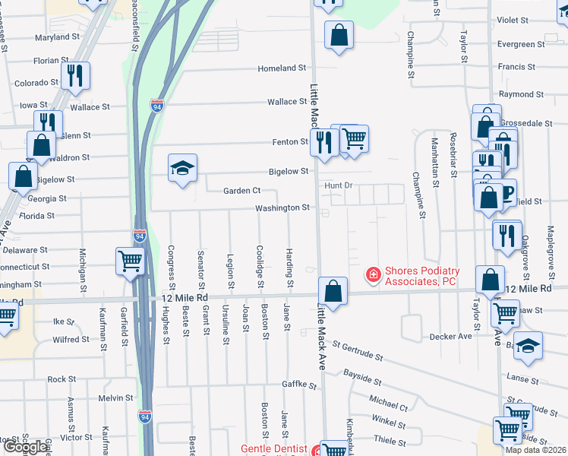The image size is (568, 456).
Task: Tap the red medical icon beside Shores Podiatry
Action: [373, 274]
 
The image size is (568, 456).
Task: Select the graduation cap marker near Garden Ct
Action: [182, 168]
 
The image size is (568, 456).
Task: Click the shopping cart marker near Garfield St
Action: [130, 262]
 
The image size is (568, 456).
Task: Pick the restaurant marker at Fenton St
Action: [324, 142]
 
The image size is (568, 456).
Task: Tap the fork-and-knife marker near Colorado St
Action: [75, 76]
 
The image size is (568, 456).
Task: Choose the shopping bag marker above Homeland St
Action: [339, 35]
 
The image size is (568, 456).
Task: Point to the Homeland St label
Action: [282, 68]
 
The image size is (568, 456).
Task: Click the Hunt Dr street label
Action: [339, 185]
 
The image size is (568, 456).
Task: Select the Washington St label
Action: [282, 207]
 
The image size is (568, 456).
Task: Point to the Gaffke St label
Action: [299, 385]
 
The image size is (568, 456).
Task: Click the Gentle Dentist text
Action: [274, 448]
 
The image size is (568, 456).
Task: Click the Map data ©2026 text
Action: [536, 450]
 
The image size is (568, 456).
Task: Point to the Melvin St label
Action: [115, 397]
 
